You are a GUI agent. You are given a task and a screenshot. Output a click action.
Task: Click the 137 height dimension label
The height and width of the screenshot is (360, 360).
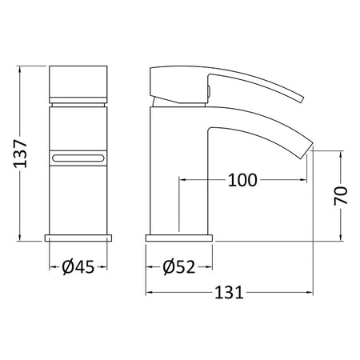click(x=21, y=154)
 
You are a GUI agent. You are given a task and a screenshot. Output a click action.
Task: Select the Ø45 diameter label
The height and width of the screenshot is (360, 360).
click(x=78, y=266)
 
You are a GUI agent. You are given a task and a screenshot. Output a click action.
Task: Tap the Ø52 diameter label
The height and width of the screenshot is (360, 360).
click(x=179, y=266)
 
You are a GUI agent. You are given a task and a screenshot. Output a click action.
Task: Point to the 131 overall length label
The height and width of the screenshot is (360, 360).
click(x=230, y=293)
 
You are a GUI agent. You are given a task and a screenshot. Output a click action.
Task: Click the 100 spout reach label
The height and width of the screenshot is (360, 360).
click(x=242, y=180)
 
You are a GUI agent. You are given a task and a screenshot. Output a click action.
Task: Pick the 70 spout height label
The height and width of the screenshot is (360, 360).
click(x=341, y=196)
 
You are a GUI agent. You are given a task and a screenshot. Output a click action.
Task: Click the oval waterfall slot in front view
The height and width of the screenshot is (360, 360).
click(x=78, y=158)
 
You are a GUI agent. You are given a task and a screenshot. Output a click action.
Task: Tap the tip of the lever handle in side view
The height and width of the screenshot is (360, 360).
click(x=302, y=99)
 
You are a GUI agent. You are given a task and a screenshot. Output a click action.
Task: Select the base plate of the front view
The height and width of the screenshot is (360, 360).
click(x=78, y=238)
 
